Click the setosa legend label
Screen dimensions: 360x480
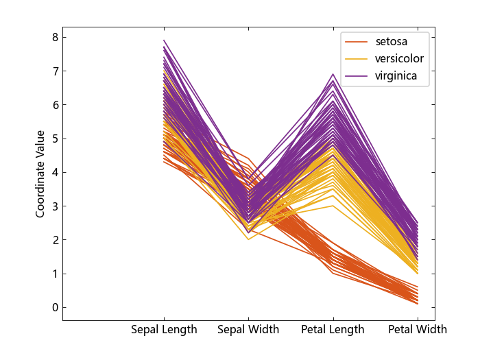pos(392,42)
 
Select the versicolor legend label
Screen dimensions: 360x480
pos(399,59)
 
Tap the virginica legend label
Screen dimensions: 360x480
pos(396,75)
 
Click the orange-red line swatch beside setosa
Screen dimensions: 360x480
pos(357,43)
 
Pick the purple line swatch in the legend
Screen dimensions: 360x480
pos(357,76)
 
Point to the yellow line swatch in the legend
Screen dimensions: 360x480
pos(357,59)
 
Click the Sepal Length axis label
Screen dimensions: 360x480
pos(164,330)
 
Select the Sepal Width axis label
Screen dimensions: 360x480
pos(248,330)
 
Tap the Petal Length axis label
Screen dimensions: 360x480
pos(333,330)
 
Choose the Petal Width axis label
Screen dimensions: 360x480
pos(417,330)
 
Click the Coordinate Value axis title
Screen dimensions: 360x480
pos(40,173)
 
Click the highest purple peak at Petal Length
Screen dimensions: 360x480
pos(333,74)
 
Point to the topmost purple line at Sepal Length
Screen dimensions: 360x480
pos(165,40)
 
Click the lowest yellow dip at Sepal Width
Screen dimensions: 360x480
pos(248,239)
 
